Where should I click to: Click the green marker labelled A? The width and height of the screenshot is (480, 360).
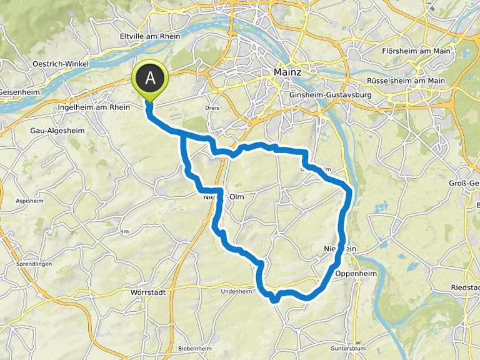click(150, 79)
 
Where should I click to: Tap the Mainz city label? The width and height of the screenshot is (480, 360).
click(287, 73)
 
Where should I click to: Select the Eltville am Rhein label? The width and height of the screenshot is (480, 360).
click(149, 36)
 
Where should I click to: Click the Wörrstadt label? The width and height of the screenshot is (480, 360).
click(147, 292)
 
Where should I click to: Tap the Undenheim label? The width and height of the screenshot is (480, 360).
click(236, 291)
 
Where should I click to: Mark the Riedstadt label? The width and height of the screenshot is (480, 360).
click(465, 287)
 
